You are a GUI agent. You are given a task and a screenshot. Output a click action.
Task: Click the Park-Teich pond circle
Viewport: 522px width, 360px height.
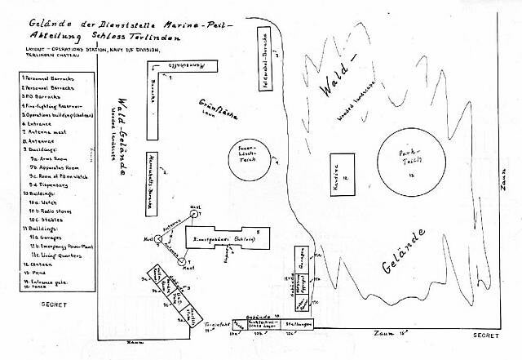pos(413,160)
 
